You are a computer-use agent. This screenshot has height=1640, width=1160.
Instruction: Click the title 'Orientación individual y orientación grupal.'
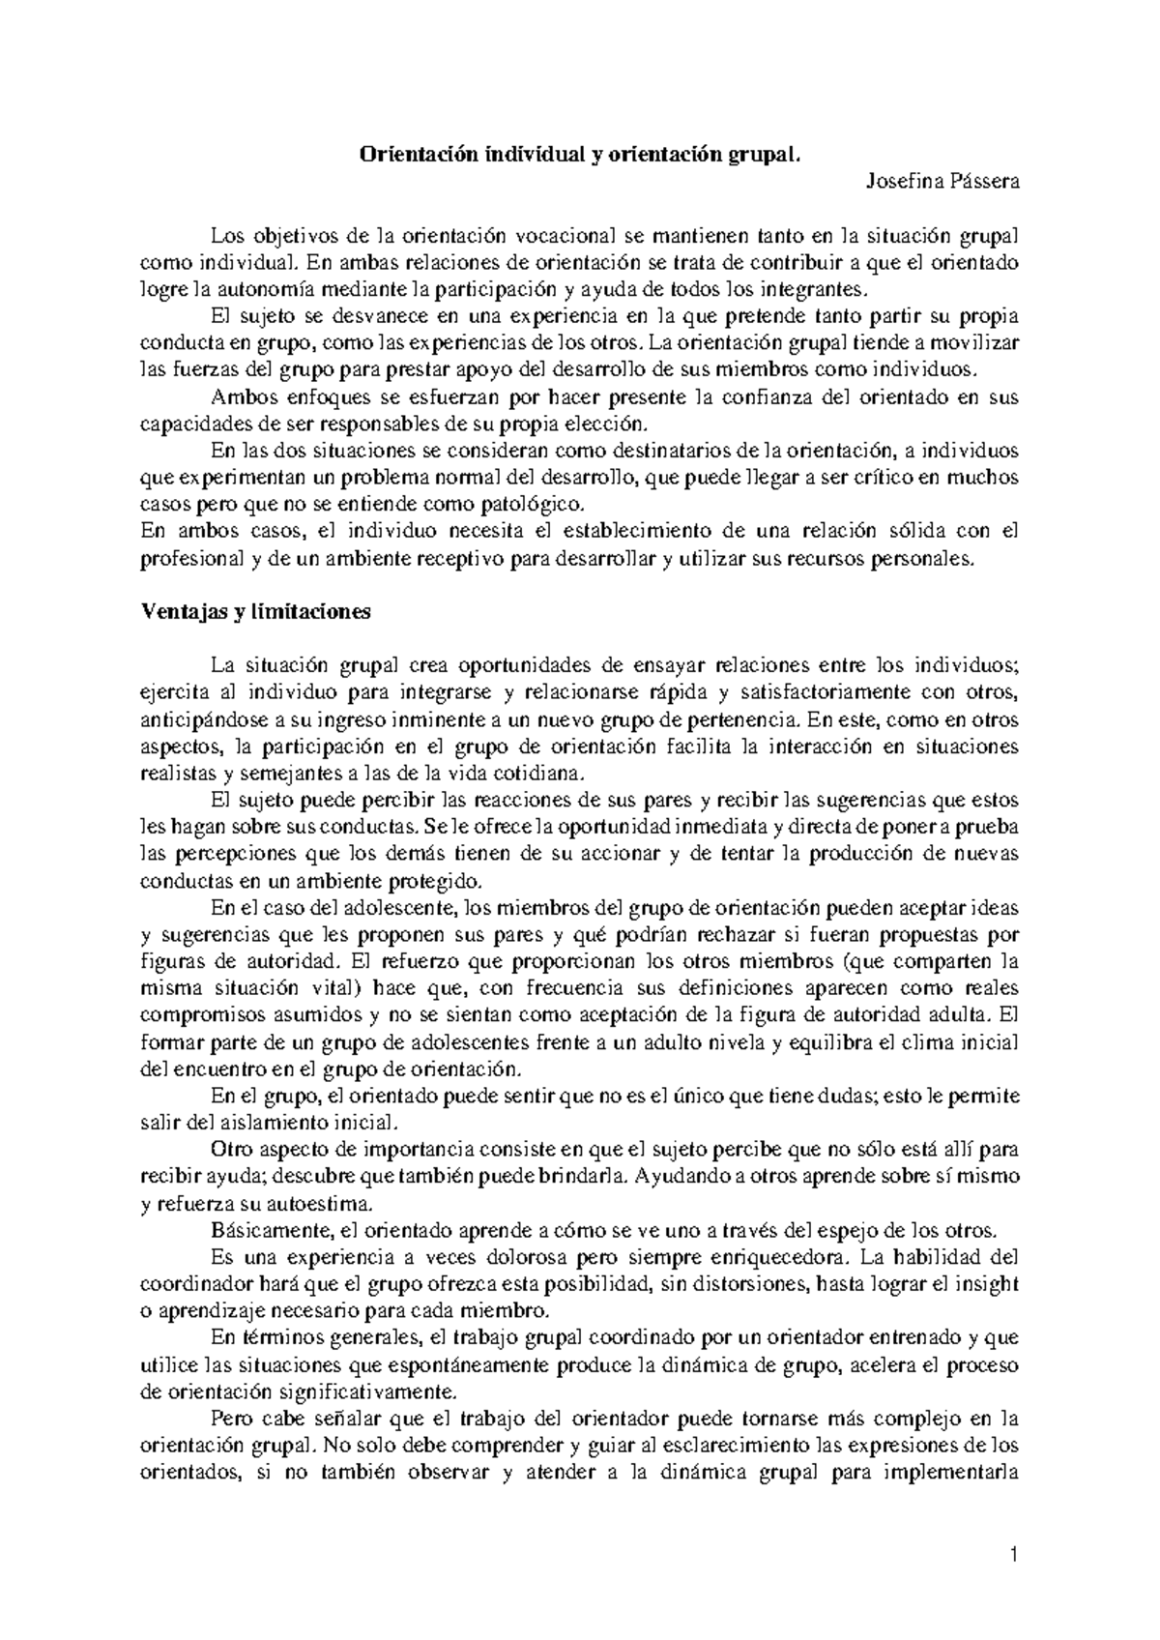pyautogui.click(x=580, y=154)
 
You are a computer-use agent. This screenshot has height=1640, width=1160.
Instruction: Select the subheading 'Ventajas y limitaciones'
pyautogui.click(x=256, y=612)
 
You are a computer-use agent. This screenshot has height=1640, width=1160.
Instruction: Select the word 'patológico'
pyautogui.click(x=541, y=504)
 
